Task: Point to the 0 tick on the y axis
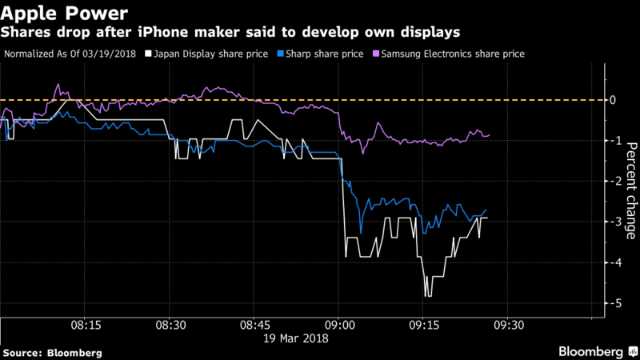coord(613,100)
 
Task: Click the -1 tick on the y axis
coord(611,141)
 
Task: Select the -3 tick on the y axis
coord(611,222)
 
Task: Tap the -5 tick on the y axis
coord(611,303)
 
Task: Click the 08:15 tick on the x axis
coord(86,326)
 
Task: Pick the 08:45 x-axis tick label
coord(254,326)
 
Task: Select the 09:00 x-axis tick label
coord(338,326)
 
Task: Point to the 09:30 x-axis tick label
coord(508,326)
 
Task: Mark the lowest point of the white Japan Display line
coord(428,296)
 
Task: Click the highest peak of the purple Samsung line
coord(58,84)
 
